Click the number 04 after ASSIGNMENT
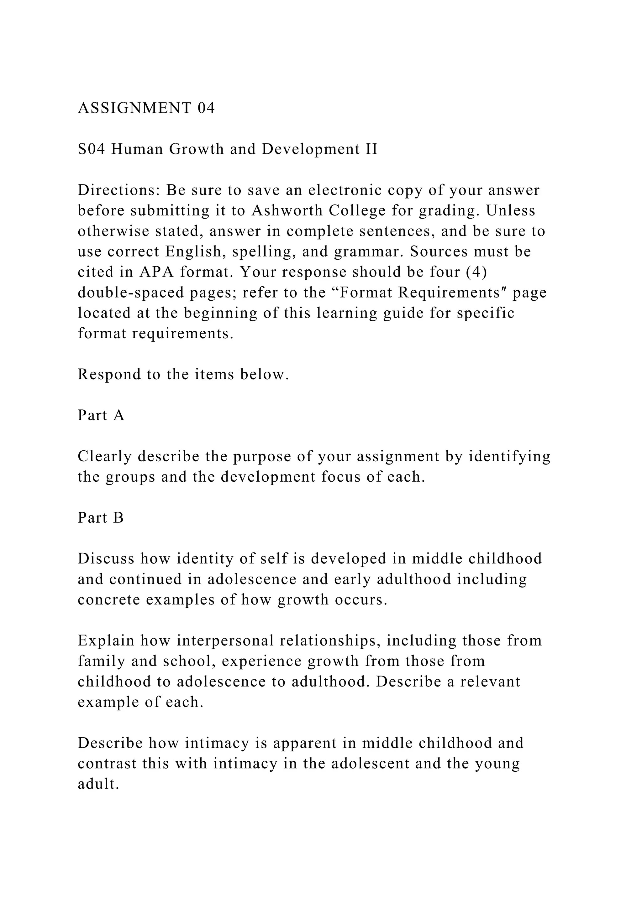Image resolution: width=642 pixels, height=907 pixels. [206, 108]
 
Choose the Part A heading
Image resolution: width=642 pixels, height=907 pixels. [101, 415]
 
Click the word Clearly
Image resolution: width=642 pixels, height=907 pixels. [105, 456]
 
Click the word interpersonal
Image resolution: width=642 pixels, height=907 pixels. [225, 640]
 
